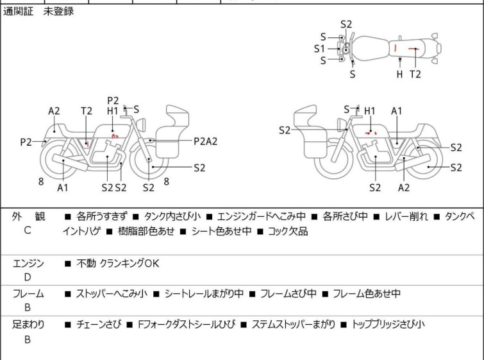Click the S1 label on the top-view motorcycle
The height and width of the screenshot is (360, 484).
319,48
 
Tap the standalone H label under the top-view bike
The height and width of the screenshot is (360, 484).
399,74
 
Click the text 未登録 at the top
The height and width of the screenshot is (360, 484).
58,12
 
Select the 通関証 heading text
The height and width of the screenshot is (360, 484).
19,12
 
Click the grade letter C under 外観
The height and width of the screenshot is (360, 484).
27,230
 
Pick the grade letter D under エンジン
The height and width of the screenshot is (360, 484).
27,277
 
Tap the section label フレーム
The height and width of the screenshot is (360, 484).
28,294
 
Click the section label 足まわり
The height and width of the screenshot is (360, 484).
28,324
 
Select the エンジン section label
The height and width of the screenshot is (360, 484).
28,262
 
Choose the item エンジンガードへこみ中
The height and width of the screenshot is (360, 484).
262,216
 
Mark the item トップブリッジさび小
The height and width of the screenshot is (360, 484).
388,324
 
